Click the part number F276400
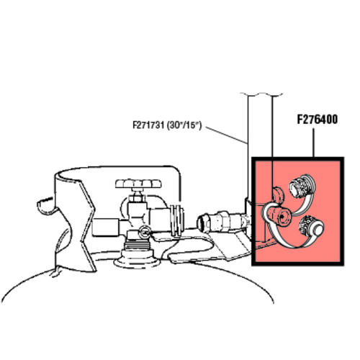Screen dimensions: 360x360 317,120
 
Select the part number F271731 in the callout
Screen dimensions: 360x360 148,125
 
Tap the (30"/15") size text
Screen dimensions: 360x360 184,125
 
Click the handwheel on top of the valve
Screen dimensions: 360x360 138,184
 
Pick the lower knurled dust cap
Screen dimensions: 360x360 312,226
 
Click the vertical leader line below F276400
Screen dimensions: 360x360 313,143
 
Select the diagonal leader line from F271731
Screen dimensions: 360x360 226,135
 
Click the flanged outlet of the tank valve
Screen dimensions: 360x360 178,220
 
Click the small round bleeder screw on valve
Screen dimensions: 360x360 145,232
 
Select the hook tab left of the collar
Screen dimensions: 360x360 46,205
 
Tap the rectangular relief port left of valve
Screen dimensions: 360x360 105,227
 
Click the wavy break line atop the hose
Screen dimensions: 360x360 261,94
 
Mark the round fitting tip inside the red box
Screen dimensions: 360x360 282,216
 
